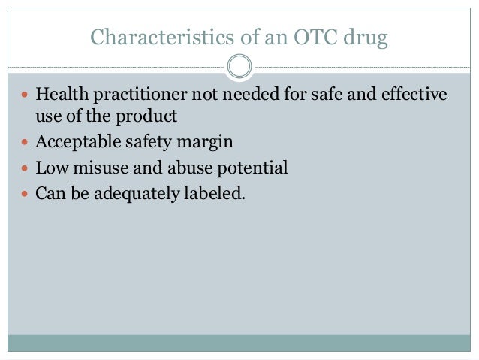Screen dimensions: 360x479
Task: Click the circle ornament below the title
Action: [239, 67]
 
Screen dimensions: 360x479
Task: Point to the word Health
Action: [61, 96]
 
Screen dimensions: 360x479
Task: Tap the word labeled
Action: [216, 192]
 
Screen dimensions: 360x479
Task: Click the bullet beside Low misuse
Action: [24, 168]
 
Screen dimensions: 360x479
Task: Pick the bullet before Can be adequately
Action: [24, 192]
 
